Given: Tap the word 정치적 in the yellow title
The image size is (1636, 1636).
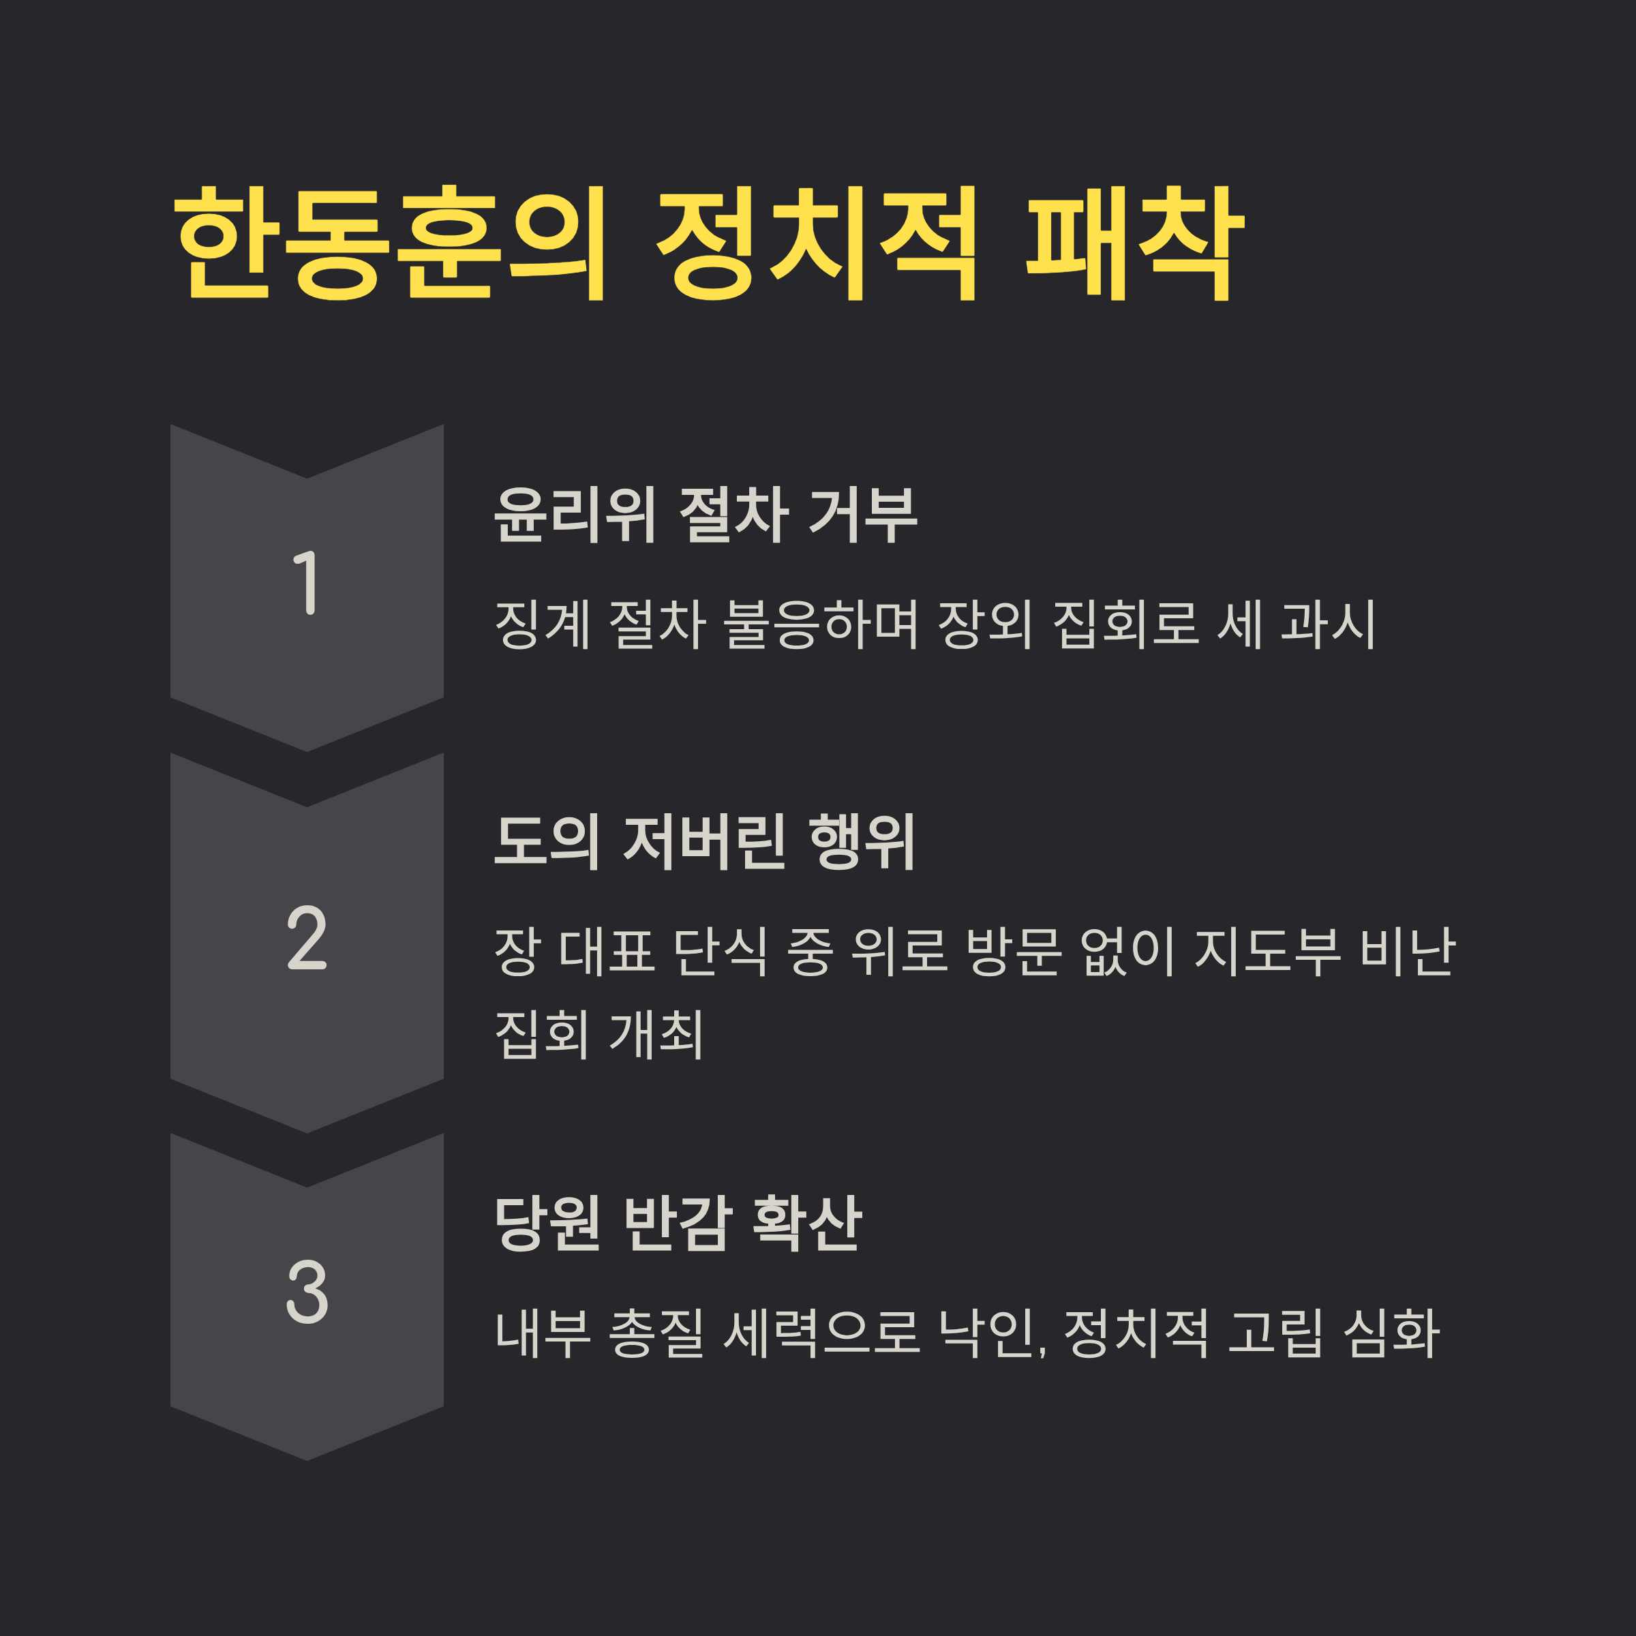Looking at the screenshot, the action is click(818, 243).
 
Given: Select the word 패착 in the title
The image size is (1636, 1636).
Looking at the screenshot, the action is click(1135, 243).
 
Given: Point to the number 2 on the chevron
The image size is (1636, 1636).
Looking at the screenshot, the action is click(307, 937).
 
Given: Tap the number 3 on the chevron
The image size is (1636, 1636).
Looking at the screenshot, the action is click(307, 1290).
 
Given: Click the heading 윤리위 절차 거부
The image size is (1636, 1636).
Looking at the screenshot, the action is click(706, 515).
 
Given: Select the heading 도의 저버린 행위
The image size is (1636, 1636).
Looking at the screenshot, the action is click(705, 842).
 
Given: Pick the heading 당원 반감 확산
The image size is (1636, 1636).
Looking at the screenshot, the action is click(678, 1223).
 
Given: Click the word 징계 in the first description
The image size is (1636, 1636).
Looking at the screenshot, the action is click(543, 624).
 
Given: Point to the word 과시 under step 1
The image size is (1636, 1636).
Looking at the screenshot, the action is click(1328, 624).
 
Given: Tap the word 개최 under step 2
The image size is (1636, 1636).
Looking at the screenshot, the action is click(656, 1034).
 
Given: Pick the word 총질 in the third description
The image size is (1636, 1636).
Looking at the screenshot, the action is click(656, 1331).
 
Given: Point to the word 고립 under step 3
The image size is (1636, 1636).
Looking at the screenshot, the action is click(1275, 1331).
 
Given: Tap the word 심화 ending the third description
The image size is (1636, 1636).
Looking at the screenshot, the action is click(1392, 1331).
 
